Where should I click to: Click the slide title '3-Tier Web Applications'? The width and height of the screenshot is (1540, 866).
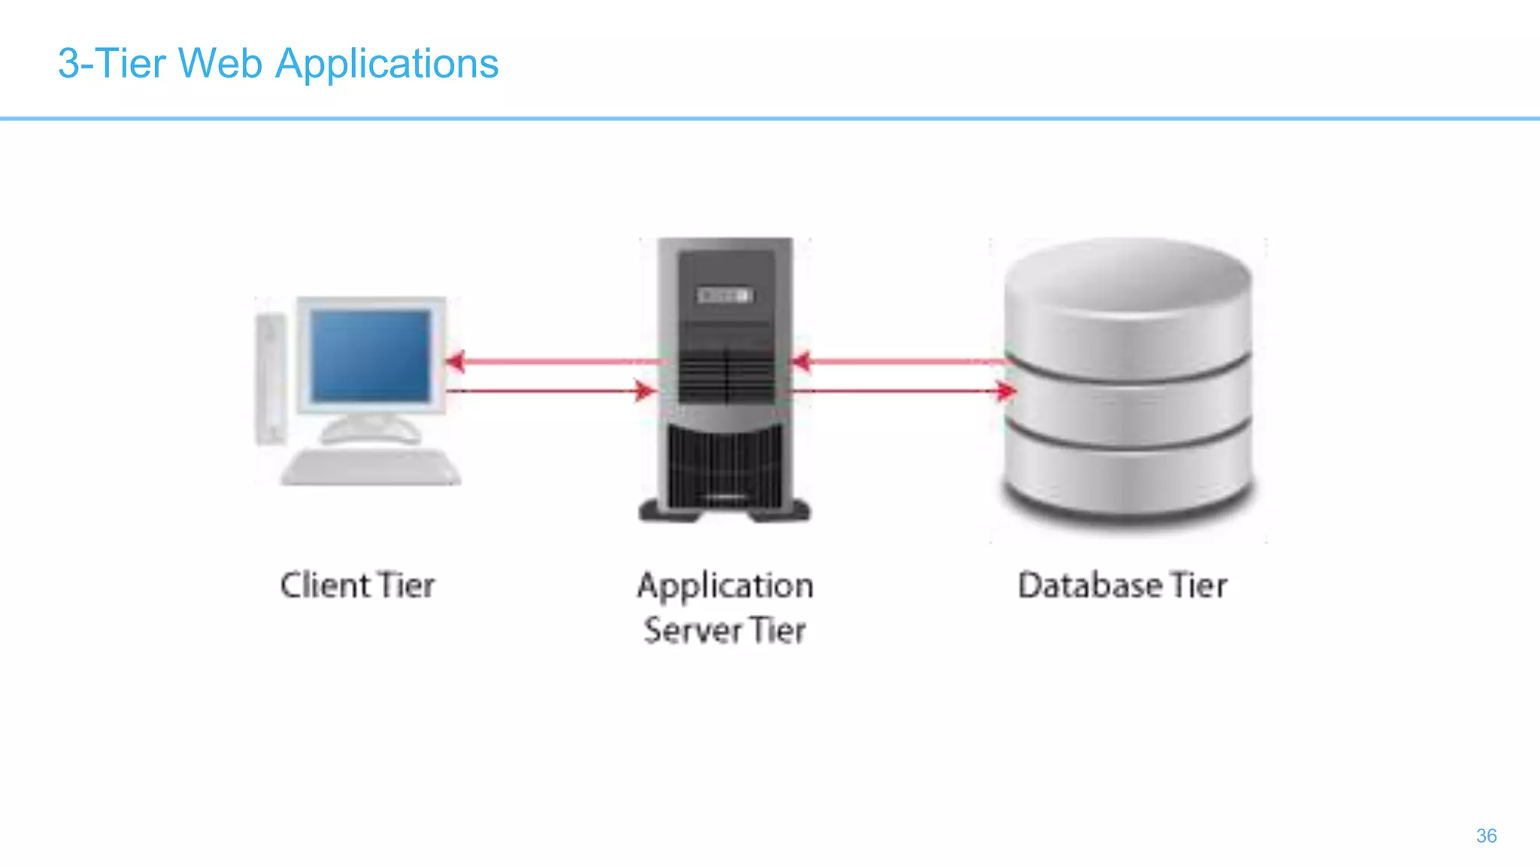pos(277,64)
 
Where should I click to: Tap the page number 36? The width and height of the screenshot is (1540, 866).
pos(1486,836)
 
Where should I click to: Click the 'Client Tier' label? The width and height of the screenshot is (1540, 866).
pos(357,586)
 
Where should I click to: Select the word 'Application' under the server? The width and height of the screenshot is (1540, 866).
pos(725,586)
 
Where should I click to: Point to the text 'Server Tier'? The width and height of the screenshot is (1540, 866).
pos(725,630)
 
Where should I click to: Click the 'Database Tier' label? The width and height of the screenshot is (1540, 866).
pos(1122,586)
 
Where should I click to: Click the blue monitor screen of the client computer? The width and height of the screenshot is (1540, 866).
pos(371,356)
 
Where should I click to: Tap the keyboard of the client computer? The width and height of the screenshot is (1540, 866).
pos(371,468)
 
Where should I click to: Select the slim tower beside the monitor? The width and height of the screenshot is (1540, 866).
pos(270,380)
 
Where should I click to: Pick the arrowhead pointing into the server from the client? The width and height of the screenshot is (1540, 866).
pos(645,391)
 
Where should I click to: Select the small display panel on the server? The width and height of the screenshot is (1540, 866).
pos(725,295)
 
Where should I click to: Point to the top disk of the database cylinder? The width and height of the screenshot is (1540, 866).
pos(1128,301)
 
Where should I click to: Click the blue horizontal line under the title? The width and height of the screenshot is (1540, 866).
pos(770,118)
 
